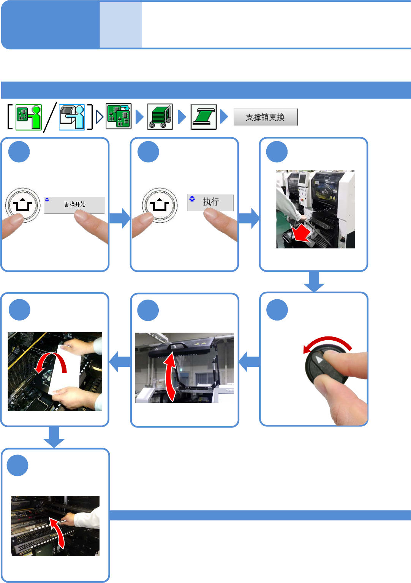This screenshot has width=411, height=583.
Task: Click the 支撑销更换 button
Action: point(265,117)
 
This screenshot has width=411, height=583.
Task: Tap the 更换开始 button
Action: point(74,205)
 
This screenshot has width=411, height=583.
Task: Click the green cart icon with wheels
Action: point(160,116)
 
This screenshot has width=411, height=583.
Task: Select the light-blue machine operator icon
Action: point(72,117)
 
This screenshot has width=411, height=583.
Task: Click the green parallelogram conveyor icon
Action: point(204,116)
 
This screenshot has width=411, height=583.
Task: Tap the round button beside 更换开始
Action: point(23,205)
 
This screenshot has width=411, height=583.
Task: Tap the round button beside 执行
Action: point(160,205)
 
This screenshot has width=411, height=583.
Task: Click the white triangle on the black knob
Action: point(318,360)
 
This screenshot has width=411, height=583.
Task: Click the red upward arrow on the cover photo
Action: point(170,376)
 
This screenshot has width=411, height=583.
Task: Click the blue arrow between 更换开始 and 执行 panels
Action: point(120,218)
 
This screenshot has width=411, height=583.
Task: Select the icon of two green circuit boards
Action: point(119,116)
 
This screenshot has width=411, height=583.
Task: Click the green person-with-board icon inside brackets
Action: point(28,117)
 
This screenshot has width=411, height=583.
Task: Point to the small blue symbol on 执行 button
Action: point(192,199)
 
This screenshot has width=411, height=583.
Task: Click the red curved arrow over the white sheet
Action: point(51,362)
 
